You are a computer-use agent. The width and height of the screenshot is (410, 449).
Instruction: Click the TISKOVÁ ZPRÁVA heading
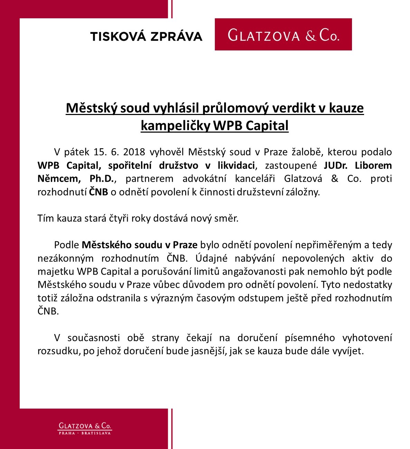[x=146, y=36]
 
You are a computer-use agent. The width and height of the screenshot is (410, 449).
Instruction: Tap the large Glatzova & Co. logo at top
[x=283, y=35]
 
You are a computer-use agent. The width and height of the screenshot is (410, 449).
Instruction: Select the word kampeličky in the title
[x=175, y=125]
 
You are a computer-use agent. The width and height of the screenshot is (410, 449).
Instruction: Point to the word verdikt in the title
[x=293, y=108]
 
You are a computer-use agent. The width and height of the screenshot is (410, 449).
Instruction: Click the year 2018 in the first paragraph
[x=134, y=152]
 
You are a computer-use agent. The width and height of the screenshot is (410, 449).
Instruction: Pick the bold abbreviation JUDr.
[x=335, y=165]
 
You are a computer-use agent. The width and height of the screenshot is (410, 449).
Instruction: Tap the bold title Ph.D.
[x=102, y=179]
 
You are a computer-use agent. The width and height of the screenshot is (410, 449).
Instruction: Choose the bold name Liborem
[x=373, y=165]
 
